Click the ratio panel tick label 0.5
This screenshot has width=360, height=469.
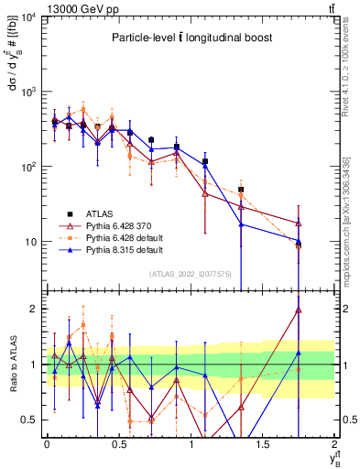pyautogui.click(x=32, y=420)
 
